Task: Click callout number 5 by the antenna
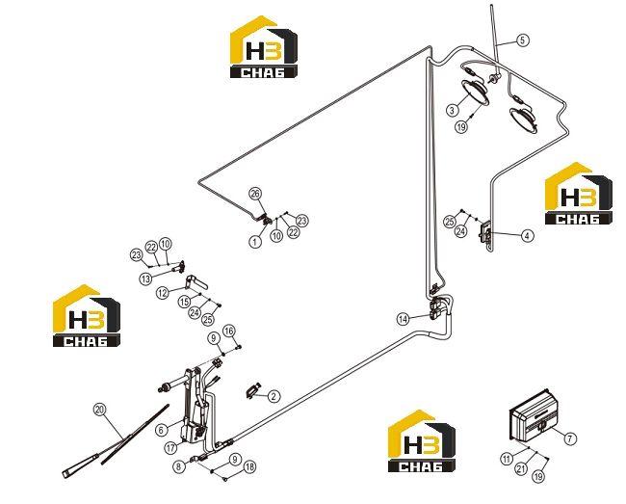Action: pos(522,40)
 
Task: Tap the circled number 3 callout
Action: pos(452,110)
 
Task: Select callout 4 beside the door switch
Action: pos(528,236)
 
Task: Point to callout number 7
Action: pos(570,438)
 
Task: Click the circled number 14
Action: pos(404,319)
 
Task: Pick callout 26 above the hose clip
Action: pos(254,194)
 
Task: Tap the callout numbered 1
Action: pos(255,241)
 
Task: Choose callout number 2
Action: pos(274,396)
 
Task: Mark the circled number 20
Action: pos(99,410)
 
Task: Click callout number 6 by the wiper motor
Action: pos(161,430)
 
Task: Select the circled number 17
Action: pos(170,448)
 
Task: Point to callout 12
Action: pos(163,293)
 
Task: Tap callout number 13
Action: pos(145,279)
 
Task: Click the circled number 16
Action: pos(229,331)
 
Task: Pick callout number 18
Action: pos(249,466)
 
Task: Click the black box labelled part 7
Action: pos(534,417)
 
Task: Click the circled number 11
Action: pos(507,459)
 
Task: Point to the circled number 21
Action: pos(521,468)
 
